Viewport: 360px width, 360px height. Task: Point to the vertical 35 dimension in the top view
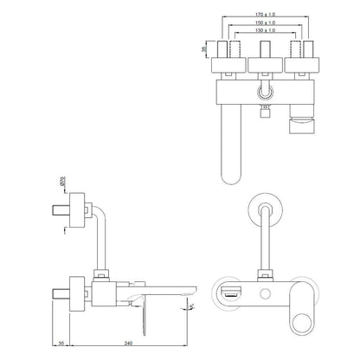tap(204, 50)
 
